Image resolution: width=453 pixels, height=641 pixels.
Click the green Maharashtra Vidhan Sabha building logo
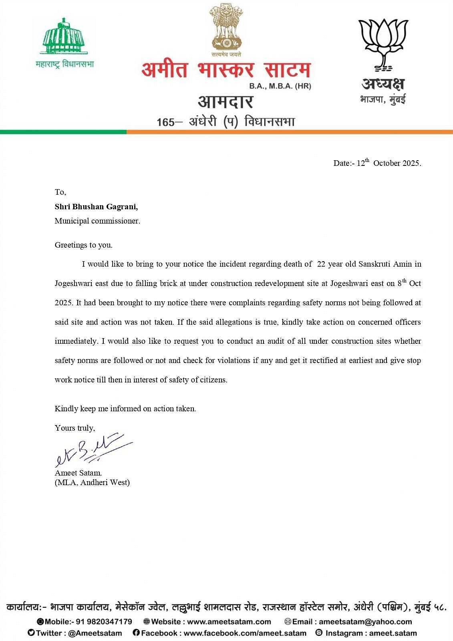coord(64,36)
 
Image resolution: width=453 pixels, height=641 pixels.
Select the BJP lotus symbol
coord(383,44)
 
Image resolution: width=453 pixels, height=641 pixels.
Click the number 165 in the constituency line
coord(165,122)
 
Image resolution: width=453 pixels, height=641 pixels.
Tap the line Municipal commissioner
coord(97,221)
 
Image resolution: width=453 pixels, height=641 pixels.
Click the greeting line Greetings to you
coord(84,245)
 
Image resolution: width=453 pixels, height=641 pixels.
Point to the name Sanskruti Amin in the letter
coord(390,264)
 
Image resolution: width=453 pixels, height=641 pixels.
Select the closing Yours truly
coord(75,428)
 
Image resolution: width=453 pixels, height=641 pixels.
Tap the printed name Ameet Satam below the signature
coord(78,473)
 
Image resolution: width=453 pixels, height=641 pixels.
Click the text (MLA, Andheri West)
coord(92,482)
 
